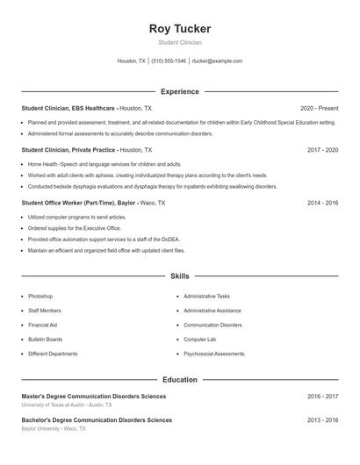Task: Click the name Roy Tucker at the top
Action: point(180,29)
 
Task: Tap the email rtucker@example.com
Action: point(217,61)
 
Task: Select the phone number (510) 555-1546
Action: point(169,61)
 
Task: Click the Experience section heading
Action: point(180,91)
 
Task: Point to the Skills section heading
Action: point(180,276)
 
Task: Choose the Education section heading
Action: point(180,380)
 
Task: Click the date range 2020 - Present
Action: point(319,108)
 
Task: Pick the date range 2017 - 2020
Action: point(322,150)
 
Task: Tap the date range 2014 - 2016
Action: point(322,203)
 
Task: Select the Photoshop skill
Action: point(40,297)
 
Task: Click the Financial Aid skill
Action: point(42,325)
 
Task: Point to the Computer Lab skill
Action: point(199,340)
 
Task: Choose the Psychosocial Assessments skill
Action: point(214,354)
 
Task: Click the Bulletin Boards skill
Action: point(45,340)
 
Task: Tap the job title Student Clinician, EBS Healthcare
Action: point(68,108)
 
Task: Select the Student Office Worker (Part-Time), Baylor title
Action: point(78,203)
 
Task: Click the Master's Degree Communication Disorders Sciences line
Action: point(94,397)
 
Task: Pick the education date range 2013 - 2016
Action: point(322,420)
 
